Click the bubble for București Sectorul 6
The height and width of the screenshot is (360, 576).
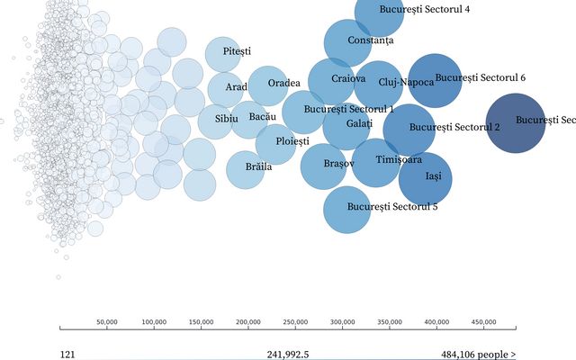pos(435,81)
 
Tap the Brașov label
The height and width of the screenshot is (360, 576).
pos(339,164)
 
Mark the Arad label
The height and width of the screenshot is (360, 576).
pos(236,87)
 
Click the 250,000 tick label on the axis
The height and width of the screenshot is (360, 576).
pos(295,321)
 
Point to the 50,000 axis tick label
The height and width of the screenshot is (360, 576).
pos(107,321)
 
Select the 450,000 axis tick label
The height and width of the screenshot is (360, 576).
pos(483,321)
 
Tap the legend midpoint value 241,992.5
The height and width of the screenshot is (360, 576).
pos(288,355)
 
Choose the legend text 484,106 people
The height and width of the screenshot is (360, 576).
pos(478,355)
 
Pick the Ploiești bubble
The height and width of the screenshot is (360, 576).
pos(281,143)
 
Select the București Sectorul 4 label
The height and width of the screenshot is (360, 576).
pos(411,10)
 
